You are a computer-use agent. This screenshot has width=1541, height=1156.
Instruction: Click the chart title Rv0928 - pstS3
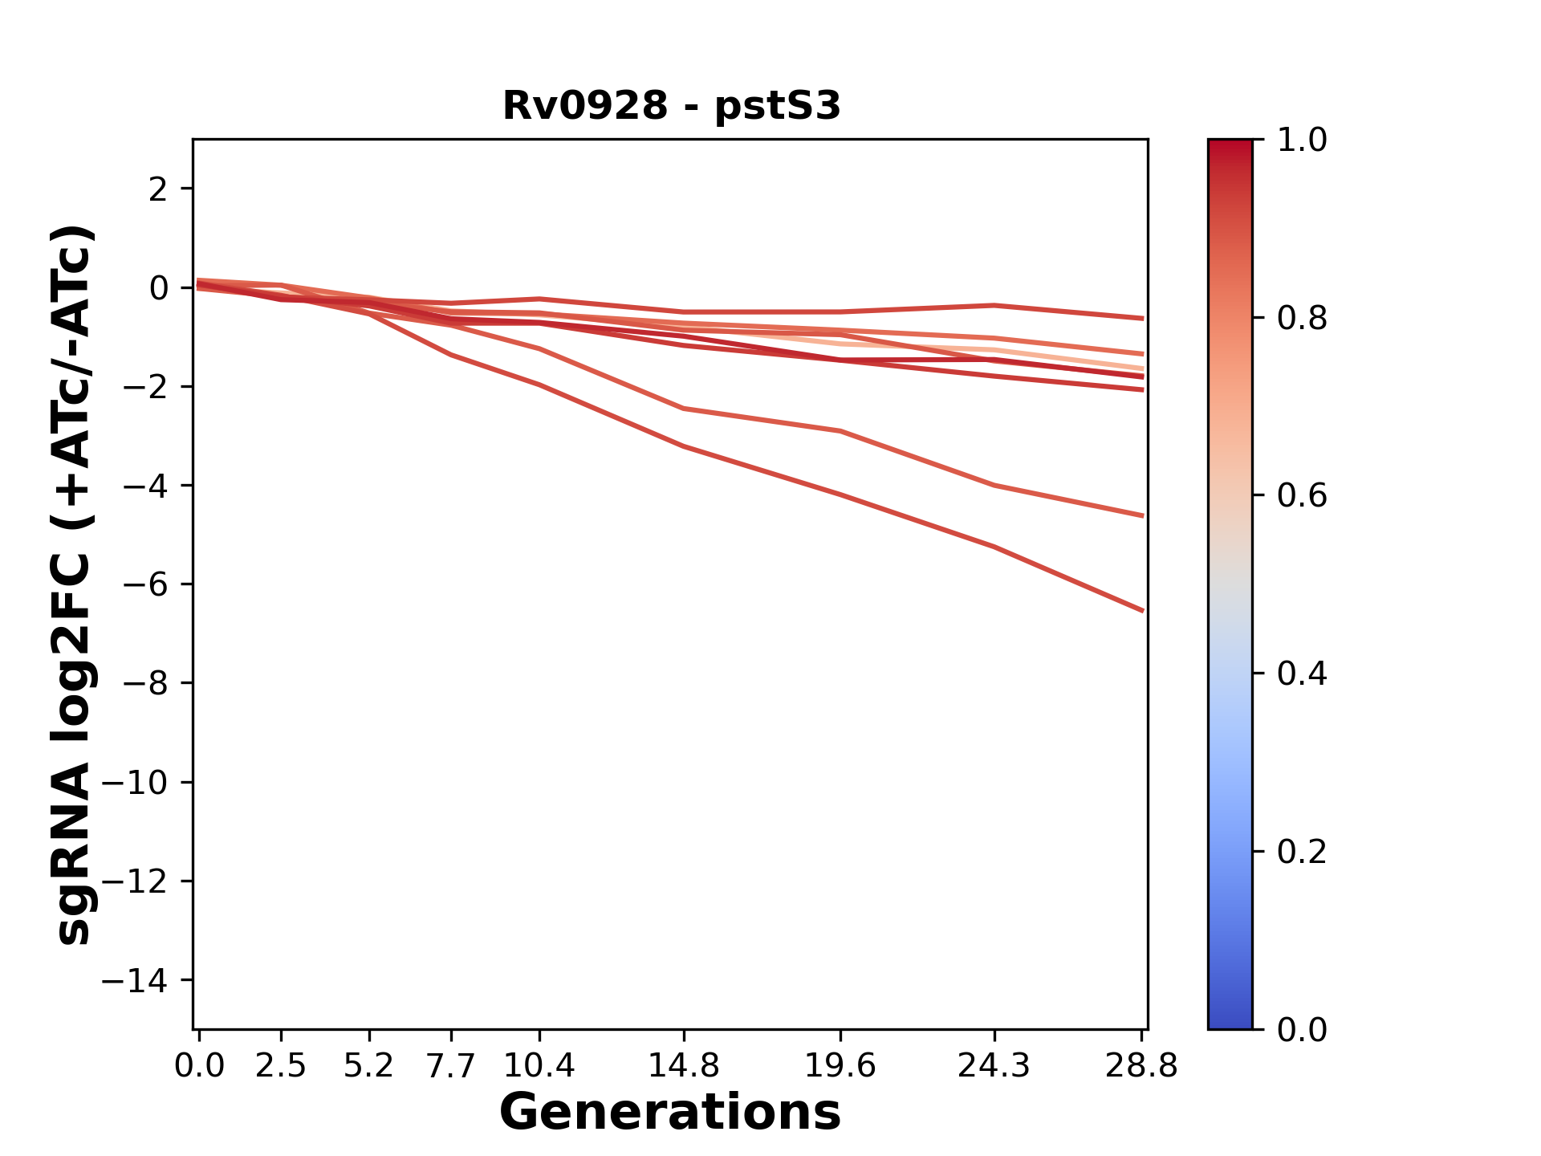671,106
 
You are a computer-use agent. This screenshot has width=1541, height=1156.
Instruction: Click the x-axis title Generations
670,1113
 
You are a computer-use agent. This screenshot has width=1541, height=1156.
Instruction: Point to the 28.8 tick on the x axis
1141,1066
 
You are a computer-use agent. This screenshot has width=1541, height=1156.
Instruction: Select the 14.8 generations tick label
683,1066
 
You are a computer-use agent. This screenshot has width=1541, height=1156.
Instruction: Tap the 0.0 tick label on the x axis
199,1066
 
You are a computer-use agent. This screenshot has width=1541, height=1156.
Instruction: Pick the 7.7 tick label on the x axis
451,1066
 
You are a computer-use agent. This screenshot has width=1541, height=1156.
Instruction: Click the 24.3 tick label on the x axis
994,1066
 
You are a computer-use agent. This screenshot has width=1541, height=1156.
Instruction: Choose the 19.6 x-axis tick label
840,1066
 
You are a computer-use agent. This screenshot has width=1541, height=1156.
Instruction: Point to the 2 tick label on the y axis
158,189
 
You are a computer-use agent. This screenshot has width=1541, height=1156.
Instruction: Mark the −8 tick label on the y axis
145,684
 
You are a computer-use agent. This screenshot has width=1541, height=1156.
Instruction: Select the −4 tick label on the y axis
145,486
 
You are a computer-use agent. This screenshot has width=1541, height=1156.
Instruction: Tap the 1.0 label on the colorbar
1302,140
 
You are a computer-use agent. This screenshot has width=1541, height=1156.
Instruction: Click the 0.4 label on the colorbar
1302,674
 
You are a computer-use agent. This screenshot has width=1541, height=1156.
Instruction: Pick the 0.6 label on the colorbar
1302,496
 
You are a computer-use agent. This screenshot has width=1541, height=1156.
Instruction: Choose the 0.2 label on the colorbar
1302,852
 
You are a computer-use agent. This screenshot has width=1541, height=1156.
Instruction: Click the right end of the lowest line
1141,610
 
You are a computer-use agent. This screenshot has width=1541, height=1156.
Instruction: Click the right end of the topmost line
1141,318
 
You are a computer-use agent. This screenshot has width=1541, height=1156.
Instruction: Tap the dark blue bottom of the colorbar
1230,1020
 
